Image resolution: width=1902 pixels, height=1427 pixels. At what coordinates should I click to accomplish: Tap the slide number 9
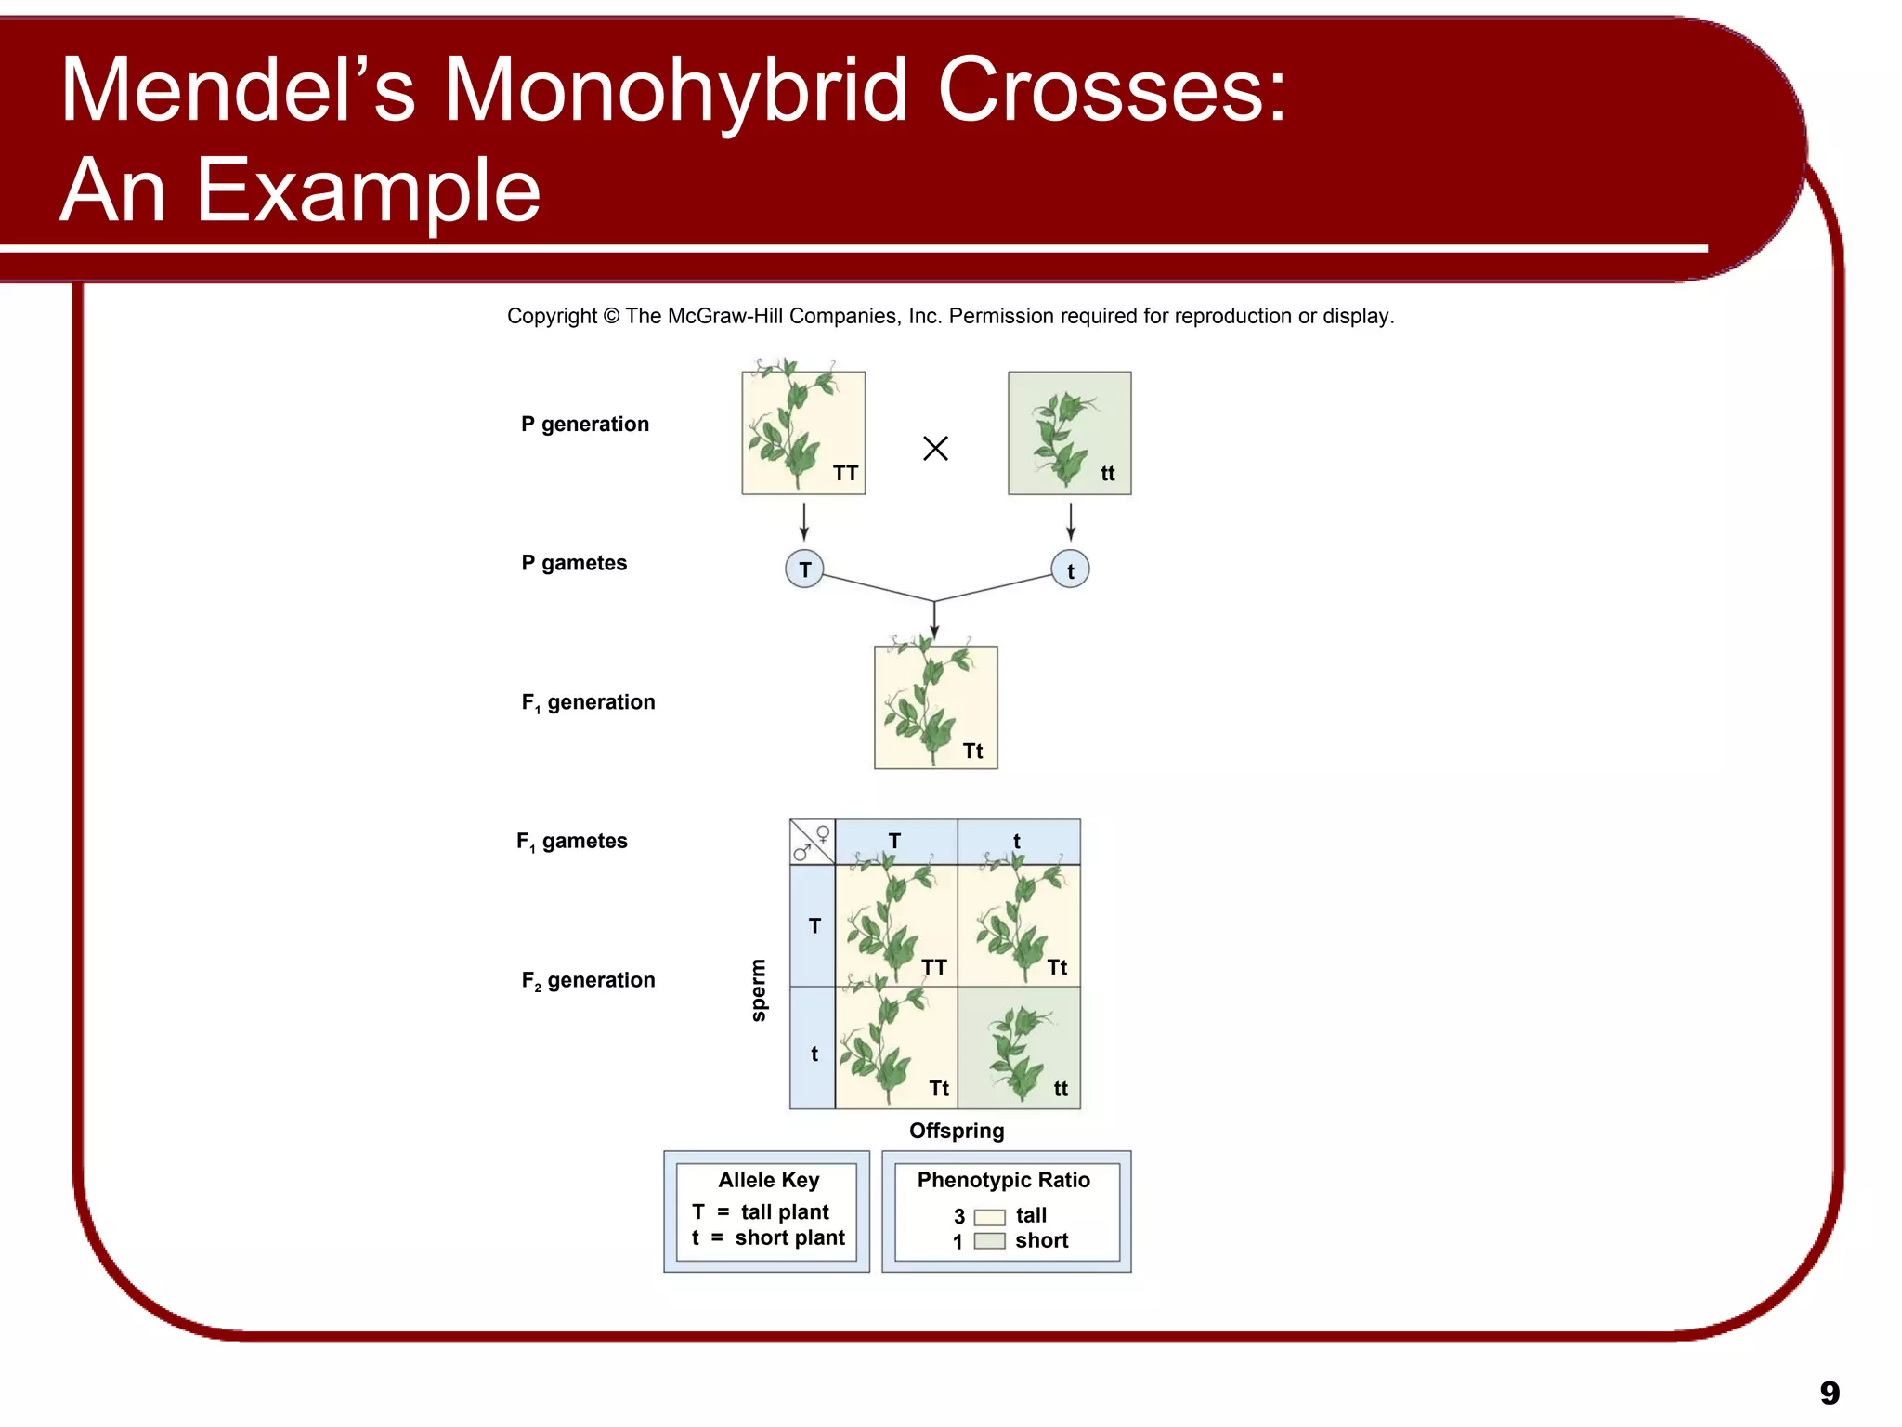click(x=1829, y=1393)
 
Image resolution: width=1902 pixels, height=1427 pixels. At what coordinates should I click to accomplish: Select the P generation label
click(x=584, y=425)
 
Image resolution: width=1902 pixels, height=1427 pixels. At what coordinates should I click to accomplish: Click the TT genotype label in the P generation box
click(x=845, y=474)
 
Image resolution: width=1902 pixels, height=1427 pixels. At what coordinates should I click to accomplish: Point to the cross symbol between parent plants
click(x=935, y=449)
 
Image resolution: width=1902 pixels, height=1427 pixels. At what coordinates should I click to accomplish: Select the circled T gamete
click(x=804, y=569)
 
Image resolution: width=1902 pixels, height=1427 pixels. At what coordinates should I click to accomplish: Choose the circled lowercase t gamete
click(x=1070, y=570)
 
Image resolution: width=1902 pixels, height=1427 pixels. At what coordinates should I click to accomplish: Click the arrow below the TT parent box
click(x=804, y=521)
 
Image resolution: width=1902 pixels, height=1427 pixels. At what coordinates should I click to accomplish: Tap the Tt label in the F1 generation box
click(x=972, y=752)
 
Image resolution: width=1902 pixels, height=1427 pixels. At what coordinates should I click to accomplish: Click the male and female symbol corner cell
click(x=812, y=842)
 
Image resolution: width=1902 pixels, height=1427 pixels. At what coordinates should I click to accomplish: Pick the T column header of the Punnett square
click(x=895, y=841)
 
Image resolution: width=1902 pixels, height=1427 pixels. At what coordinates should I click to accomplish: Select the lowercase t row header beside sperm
click(x=814, y=1054)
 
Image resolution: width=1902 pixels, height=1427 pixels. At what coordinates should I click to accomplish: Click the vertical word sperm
click(x=759, y=990)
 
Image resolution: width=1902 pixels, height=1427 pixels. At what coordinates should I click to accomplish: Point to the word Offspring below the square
click(x=957, y=1131)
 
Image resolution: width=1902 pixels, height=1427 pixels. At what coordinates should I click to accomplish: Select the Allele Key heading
click(x=768, y=1180)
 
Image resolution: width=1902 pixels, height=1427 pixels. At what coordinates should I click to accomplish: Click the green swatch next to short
click(x=989, y=1241)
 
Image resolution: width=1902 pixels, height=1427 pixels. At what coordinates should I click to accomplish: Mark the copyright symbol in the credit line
click(x=611, y=317)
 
